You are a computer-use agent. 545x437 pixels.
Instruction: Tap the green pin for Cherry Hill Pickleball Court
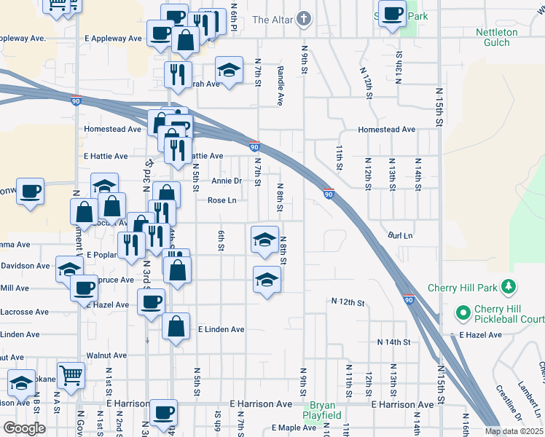pos(462,314)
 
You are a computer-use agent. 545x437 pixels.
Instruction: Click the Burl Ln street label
pos(400,236)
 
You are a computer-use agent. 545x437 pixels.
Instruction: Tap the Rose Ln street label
pos(222,200)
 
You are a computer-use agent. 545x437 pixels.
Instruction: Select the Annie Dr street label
pos(226,181)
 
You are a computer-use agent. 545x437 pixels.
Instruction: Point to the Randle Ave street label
pos(280,84)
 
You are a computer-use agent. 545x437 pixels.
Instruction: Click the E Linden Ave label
pos(221,329)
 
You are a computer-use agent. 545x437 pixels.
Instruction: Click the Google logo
pos(24,428)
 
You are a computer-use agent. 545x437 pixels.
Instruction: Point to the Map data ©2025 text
pos(514,431)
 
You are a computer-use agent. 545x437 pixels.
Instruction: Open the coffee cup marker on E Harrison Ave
pos(162,412)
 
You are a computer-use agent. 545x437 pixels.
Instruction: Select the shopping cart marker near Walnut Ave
pos(71,377)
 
